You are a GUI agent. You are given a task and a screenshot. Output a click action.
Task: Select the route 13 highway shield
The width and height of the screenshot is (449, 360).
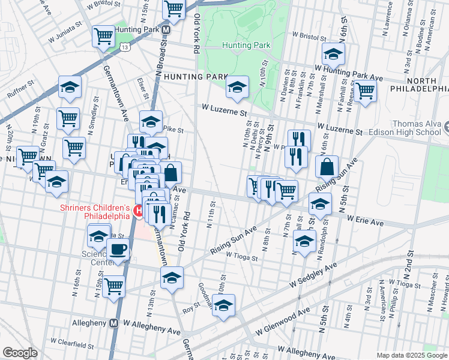(125, 46)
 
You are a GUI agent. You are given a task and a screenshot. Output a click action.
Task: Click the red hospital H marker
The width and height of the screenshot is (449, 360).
(139, 211)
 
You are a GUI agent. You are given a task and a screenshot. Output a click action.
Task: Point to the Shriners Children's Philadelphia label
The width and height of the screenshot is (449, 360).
(94, 212)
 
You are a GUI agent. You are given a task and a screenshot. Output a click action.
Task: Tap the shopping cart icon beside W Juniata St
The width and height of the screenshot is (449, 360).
(103, 37)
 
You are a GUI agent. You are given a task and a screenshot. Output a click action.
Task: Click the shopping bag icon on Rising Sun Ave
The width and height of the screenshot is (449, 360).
(327, 166)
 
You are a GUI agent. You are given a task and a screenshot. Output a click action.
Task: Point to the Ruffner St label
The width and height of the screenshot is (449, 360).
(23, 94)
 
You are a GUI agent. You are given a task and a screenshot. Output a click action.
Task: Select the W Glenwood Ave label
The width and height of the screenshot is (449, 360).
(283, 321)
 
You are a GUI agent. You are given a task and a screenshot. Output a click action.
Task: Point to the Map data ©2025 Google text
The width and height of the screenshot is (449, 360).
(412, 355)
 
